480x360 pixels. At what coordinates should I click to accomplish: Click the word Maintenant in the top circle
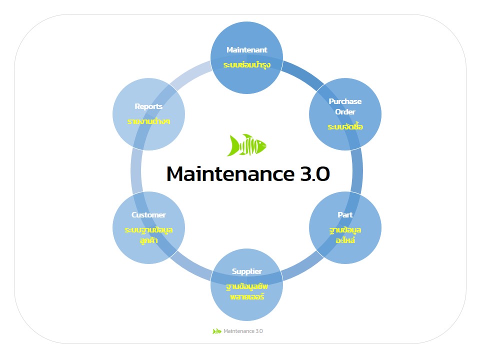click(x=246, y=50)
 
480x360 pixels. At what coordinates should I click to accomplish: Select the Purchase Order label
click(x=345, y=106)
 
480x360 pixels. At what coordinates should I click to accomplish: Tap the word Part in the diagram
click(x=345, y=215)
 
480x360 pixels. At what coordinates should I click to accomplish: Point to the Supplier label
click(x=246, y=271)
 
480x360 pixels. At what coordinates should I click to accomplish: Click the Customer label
click(x=148, y=215)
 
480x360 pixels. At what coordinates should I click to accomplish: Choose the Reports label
click(x=148, y=106)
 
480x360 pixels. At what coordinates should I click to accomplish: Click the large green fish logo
click(x=246, y=145)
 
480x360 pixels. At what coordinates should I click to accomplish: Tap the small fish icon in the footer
click(x=216, y=331)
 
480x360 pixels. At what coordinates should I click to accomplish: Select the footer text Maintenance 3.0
click(x=243, y=331)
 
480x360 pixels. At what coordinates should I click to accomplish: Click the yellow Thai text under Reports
click(x=148, y=121)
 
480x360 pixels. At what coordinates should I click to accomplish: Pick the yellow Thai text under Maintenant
click(x=246, y=65)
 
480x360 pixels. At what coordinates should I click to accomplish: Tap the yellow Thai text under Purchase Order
click(x=345, y=126)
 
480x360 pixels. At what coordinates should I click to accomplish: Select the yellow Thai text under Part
click(x=345, y=235)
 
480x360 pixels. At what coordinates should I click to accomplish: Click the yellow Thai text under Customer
click(x=148, y=235)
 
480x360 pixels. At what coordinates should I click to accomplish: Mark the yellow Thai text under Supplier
click(x=246, y=291)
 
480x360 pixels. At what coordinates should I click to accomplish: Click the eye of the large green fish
click(x=260, y=142)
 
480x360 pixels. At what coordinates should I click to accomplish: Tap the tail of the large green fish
click(x=232, y=145)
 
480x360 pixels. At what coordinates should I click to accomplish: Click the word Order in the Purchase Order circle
click(x=345, y=112)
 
